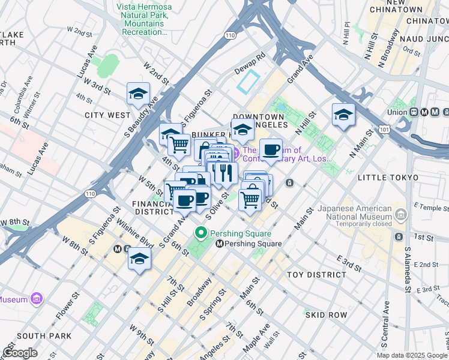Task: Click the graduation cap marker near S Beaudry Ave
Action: [x=138, y=95]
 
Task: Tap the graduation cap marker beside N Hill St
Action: [x=343, y=115]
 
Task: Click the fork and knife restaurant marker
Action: [x=224, y=173]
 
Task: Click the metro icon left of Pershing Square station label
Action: [x=220, y=244]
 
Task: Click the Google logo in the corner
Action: [x=20, y=353]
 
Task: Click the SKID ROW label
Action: [x=326, y=314]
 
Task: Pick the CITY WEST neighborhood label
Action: [x=107, y=115]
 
